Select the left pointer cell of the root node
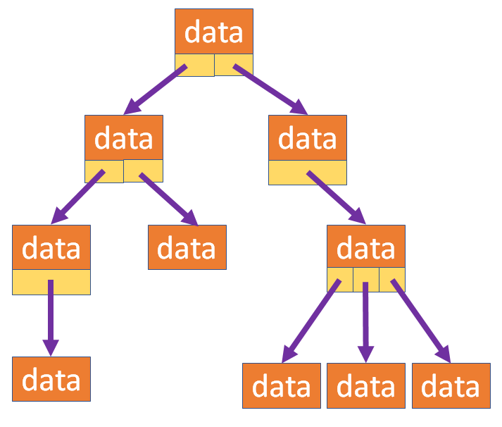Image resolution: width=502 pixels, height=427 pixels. click(x=194, y=65)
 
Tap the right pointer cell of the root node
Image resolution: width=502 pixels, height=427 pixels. click(x=234, y=65)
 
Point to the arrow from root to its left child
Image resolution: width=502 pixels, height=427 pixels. click(x=156, y=89)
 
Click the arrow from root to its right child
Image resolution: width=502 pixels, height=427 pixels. click(x=271, y=89)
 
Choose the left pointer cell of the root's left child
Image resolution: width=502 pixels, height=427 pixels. click(x=103, y=171)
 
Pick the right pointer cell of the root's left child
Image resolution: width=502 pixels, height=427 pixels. click(x=144, y=171)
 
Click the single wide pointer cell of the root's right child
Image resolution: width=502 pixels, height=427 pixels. click(x=308, y=172)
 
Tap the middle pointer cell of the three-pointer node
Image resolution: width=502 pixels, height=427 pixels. click(x=366, y=280)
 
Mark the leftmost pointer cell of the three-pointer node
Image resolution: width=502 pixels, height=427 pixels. click(x=340, y=280)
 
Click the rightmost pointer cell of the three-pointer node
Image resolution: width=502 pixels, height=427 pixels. click(x=392, y=280)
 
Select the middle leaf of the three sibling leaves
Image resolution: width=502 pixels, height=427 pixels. click(x=366, y=386)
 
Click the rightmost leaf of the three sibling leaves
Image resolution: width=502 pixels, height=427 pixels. click(x=451, y=386)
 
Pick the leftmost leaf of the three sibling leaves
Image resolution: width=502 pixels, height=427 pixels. click(x=282, y=386)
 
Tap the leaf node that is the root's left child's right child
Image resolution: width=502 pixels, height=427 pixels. click(x=187, y=247)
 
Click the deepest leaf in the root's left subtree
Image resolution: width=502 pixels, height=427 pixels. click(x=51, y=379)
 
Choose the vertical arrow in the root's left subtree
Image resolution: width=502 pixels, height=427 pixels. click(x=50, y=317)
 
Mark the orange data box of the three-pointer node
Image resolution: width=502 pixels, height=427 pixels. click(x=366, y=247)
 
